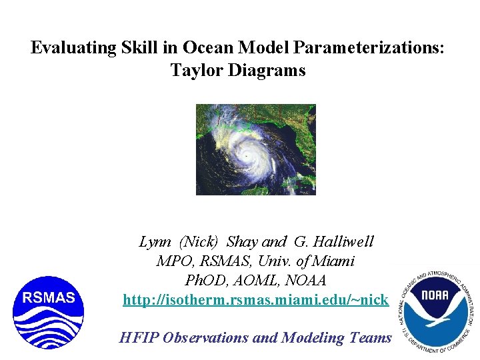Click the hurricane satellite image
[255, 149]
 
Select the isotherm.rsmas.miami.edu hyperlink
[255, 300]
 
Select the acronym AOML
[258, 280]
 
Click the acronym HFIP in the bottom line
[137, 338]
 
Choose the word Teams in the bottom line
[369, 338]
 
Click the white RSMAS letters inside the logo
[49, 298]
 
